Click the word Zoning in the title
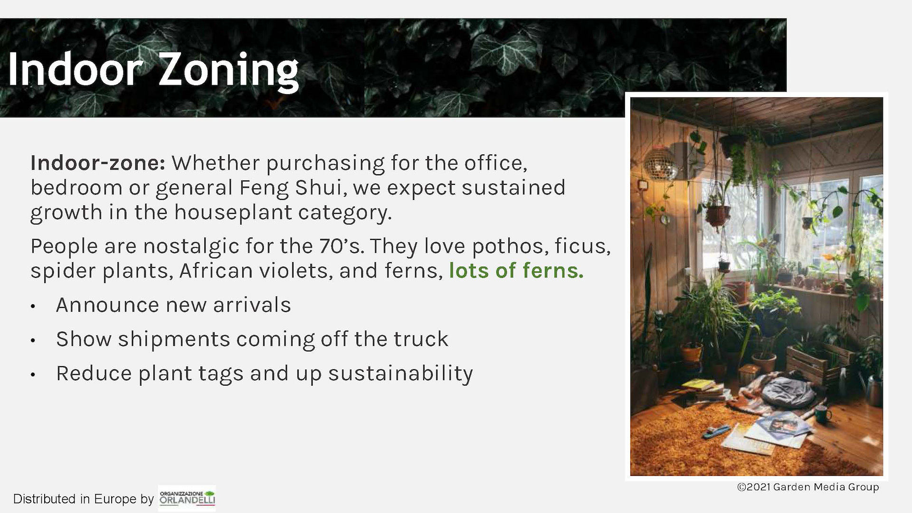(x=228, y=71)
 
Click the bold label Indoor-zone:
(x=98, y=163)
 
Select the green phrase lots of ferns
(x=516, y=270)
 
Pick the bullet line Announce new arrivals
(x=173, y=305)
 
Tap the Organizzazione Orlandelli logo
(x=187, y=498)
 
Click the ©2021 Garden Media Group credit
(x=808, y=487)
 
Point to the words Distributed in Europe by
(x=84, y=499)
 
